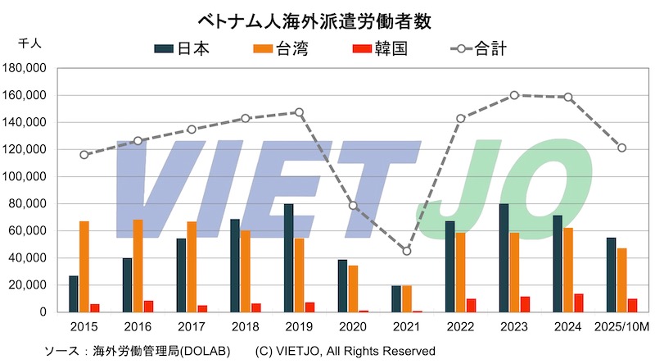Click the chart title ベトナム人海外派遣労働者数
(x=327, y=17)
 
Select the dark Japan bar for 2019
(x=289, y=258)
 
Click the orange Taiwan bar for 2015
(x=84, y=266)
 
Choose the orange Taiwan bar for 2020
(x=353, y=289)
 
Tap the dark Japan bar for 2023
(x=504, y=258)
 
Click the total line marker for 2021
(x=407, y=251)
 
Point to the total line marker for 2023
(x=514, y=95)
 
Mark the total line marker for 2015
(x=84, y=154)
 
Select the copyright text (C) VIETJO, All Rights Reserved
(x=345, y=351)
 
